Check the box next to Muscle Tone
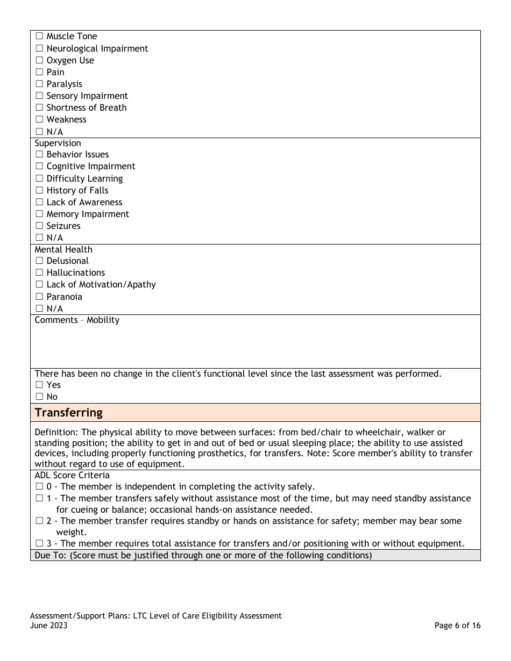coord(39,37)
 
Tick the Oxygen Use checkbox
coord(39,61)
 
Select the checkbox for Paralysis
coord(39,84)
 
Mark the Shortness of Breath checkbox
coord(39,108)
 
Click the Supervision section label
coord(58,143)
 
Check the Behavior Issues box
coord(39,155)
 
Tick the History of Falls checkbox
coord(39,191)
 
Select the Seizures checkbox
coord(39,226)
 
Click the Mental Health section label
coord(63,249)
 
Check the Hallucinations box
coord(39,273)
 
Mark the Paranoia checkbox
coord(39,297)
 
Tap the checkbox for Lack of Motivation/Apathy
coord(39,285)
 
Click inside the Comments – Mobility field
coord(255,347)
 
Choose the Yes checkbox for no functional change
coord(39,385)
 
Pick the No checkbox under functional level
coord(39,397)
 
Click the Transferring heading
coord(68,413)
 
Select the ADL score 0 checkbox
coord(39,487)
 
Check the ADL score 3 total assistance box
coord(39,544)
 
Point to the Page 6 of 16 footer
coord(457,626)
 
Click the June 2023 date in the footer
coord(49,626)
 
